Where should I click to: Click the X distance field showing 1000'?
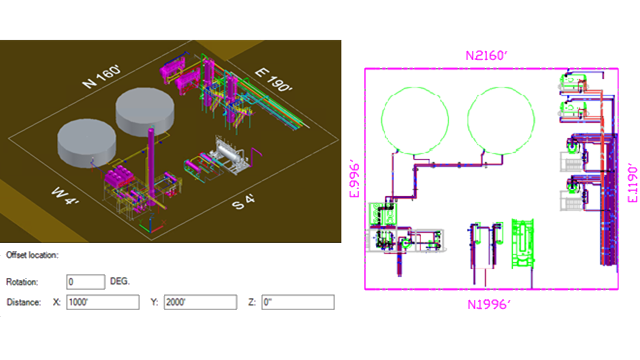(100, 302)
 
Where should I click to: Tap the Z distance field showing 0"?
(297, 302)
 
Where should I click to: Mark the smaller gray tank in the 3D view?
(88, 142)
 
